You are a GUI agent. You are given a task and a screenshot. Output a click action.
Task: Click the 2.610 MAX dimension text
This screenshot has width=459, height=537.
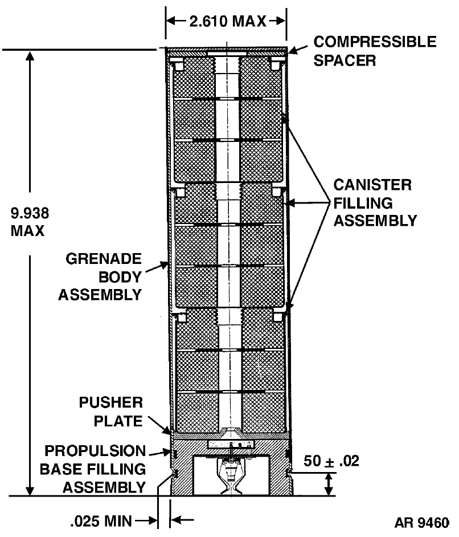click(x=228, y=22)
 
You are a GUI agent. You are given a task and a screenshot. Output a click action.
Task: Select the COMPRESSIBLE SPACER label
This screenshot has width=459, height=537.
click(x=375, y=51)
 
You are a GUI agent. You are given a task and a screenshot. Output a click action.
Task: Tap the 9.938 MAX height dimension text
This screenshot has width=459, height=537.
click(x=30, y=222)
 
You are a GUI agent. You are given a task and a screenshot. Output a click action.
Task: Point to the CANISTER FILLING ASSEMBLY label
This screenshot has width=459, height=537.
click(x=375, y=203)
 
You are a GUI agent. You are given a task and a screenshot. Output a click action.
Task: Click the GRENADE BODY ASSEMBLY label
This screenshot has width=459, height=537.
click(x=100, y=276)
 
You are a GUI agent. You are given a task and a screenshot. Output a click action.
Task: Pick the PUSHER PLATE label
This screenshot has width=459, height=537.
click(x=111, y=412)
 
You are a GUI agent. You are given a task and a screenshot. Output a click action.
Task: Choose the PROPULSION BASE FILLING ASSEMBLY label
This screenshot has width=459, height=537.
click(x=93, y=469)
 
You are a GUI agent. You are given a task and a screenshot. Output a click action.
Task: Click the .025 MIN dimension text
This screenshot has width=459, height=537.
click(x=101, y=521)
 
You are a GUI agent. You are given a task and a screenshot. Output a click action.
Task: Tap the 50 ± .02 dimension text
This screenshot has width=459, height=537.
click(x=331, y=461)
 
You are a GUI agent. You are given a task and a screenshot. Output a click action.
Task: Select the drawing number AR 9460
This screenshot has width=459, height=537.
click(x=421, y=523)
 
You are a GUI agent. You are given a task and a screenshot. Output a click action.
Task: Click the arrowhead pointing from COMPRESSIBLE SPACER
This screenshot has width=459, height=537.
click(x=292, y=51)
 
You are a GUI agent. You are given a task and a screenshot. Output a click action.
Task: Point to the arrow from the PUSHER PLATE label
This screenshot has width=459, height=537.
click(x=159, y=425)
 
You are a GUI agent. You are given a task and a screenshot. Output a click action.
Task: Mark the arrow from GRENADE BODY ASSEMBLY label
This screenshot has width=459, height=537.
click(x=157, y=267)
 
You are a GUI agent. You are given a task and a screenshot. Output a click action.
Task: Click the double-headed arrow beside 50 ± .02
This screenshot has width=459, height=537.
click(x=329, y=484)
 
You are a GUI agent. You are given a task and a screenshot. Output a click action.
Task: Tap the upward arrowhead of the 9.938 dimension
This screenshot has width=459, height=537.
click(x=30, y=56)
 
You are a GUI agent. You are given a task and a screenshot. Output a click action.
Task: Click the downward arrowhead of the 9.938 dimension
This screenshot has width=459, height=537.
click(x=30, y=490)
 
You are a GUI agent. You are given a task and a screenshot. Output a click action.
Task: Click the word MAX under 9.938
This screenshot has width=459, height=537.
click(x=27, y=231)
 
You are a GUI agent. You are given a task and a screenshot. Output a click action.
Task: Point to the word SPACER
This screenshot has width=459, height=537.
click(x=345, y=60)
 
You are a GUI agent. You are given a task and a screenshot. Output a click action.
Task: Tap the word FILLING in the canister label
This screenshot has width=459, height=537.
click(x=363, y=203)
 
